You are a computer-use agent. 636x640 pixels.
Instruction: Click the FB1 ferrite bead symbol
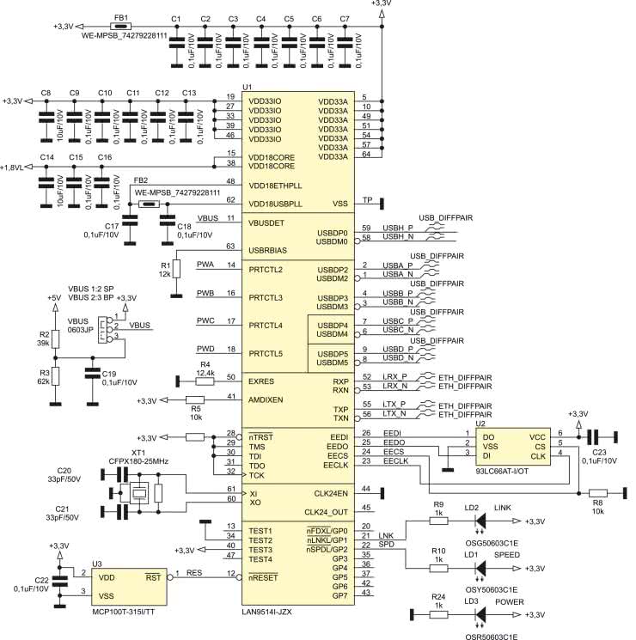[x=121, y=27]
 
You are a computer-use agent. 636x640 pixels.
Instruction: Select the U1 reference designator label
[x=247, y=88]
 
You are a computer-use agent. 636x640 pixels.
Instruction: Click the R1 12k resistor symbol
[x=176, y=268]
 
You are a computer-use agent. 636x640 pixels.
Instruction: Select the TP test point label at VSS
[x=367, y=201]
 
